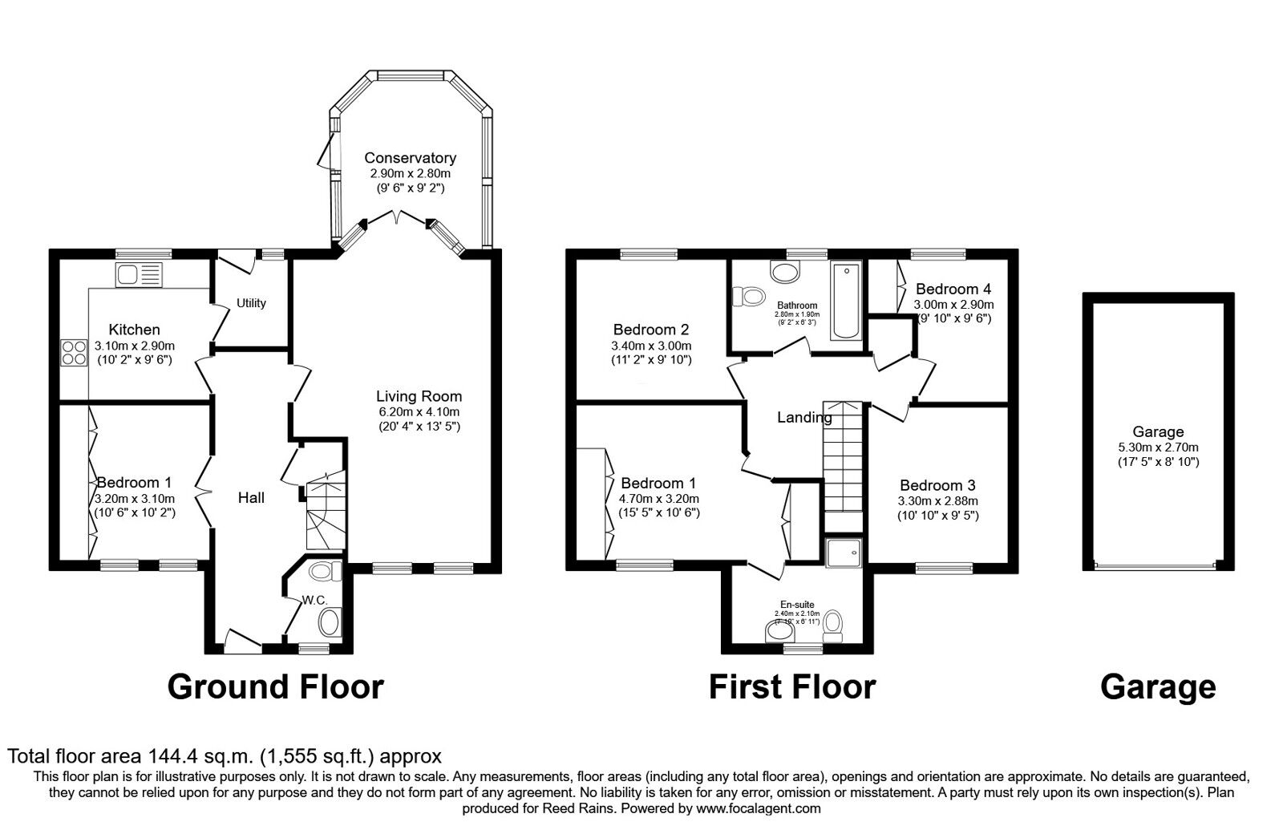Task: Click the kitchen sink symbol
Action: tap(139, 274)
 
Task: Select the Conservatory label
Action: tap(410, 158)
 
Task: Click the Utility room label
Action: tap(251, 303)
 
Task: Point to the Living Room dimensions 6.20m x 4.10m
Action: tap(419, 412)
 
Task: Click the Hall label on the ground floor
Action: tap(251, 498)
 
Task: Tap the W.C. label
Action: tap(312, 600)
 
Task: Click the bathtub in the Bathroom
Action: tap(845, 301)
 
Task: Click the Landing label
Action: tap(803, 417)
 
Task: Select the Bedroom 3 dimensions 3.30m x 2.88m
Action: tap(938, 501)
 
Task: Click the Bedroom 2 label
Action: tap(651, 330)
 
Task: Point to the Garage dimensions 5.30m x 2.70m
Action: tap(1158, 447)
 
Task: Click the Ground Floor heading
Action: tap(275, 687)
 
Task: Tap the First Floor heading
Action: tap(791, 687)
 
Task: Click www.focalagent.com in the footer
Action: tap(759, 808)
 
